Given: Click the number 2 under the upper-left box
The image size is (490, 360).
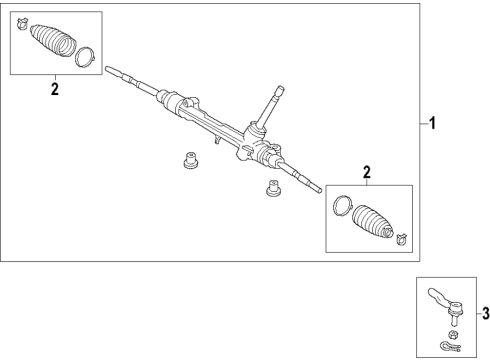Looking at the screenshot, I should pyautogui.click(x=54, y=90).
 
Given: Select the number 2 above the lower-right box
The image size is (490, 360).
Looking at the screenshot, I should pyautogui.click(x=367, y=173).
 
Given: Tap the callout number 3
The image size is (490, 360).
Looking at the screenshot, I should pyautogui.click(x=484, y=313).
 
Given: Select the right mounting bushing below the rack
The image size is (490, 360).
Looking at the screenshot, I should pyautogui.click(x=270, y=187).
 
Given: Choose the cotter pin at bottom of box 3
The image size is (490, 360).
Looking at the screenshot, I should pyautogui.click(x=444, y=347).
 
